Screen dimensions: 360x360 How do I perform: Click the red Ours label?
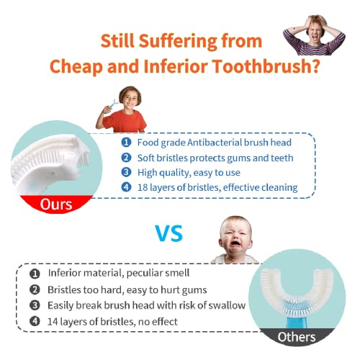click(55, 204)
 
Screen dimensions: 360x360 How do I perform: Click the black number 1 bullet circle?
click(34, 274)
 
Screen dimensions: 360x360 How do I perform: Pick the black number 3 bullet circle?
click(34, 305)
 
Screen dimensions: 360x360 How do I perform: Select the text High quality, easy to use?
click(186, 172)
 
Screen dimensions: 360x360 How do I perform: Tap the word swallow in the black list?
click(225, 305)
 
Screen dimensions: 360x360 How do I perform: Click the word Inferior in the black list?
click(68, 274)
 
